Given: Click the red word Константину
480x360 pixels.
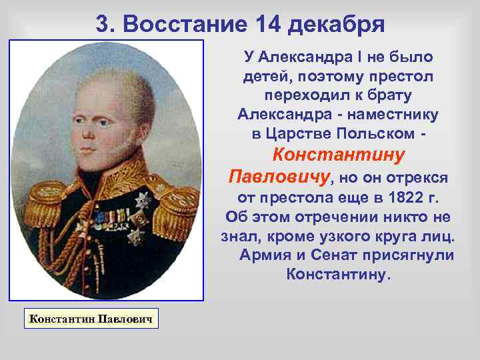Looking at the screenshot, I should pos(339,155).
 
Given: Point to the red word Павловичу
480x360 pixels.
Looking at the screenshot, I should pos(279,177).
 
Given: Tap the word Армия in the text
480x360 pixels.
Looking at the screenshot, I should pos(264,255).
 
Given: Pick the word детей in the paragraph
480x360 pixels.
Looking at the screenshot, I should pos(264,77).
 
